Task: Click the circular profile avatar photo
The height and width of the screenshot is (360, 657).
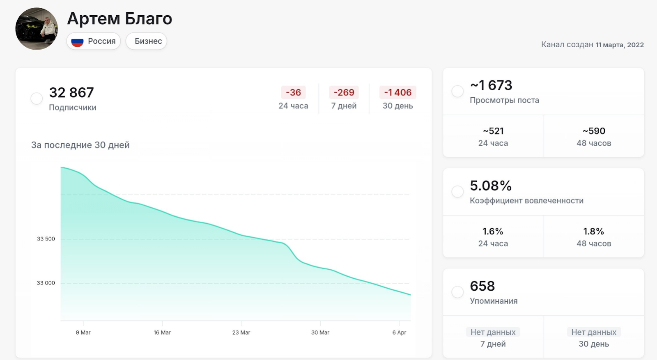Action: click(x=37, y=29)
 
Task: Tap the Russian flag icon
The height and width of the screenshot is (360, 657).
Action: click(x=77, y=41)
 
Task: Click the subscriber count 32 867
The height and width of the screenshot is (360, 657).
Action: click(x=71, y=93)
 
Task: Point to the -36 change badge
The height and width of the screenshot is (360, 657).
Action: click(x=293, y=93)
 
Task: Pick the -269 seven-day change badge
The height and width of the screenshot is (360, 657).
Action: click(x=344, y=93)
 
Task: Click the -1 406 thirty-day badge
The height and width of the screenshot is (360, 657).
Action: click(x=397, y=93)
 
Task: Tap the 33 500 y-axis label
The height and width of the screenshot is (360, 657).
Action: click(x=46, y=239)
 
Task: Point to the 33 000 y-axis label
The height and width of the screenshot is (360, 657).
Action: click(x=46, y=283)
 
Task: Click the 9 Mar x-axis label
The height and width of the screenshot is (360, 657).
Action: click(x=83, y=332)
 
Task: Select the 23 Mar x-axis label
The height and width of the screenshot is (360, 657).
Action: click(x=241, y=332)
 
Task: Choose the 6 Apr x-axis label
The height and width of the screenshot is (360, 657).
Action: click(x=399, y=332)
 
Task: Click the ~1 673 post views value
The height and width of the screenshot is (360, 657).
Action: click(x=491, y=85)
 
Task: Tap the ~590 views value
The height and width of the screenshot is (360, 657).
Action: click(x=594, y=131)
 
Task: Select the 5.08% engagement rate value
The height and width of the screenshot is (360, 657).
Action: click(x=491, y=186)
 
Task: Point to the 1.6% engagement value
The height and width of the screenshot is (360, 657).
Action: click(x=493, y=232)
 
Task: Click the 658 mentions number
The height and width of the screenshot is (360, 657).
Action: click(x=482, y=286)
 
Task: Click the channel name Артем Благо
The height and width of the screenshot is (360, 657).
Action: click(x=119, y=19)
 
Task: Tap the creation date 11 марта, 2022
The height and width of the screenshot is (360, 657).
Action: click(x=620, y=45)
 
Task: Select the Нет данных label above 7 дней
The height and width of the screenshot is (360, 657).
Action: click(x=493, y=332)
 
